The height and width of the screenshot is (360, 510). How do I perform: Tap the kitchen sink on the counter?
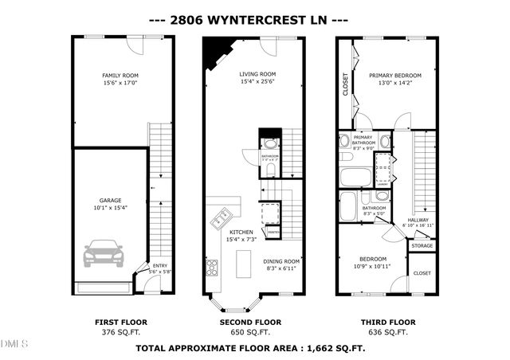pyautogui.click(x=221, y=216)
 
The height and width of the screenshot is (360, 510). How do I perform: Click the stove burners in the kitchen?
pyautogui.click(x=213, y=268)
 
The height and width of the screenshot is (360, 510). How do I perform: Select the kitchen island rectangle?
pyautogui.click(x=243, y=262)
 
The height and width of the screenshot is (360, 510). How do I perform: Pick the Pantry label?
pyautogui.click(x=273, y=233)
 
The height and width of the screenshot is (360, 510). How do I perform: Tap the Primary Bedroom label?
pyautogui.click(x=394, y=76)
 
